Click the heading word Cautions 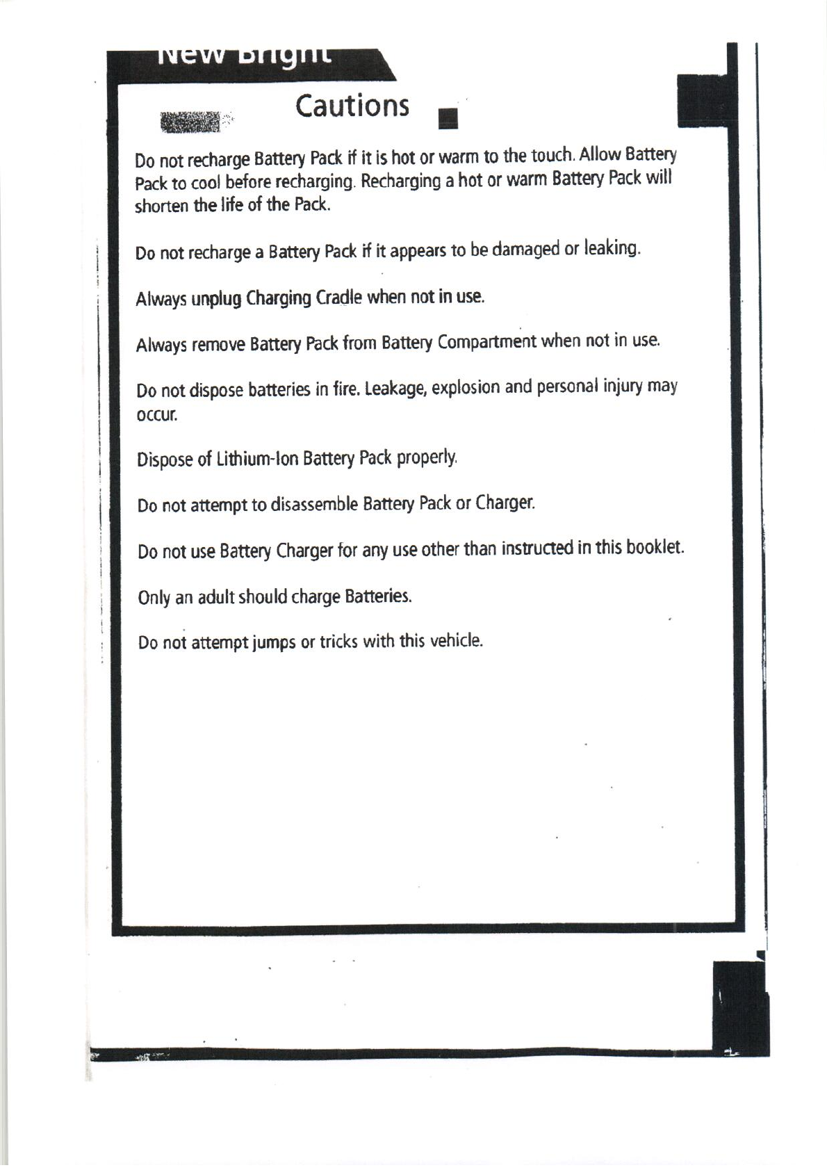(352, 106)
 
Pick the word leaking (612, 248)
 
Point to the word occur (157, 416)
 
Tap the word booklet (655, 548)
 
